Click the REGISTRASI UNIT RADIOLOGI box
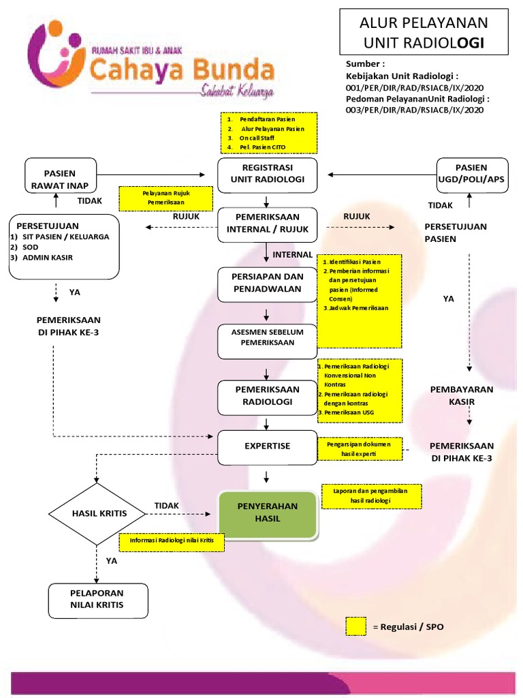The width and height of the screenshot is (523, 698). click(267, 174)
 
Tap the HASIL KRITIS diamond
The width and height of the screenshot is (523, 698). click(99, 514)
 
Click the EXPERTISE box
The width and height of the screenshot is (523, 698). click(267, 446)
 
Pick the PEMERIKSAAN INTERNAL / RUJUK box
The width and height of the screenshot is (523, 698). click(267, 224)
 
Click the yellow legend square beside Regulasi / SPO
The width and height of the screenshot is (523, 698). click(355, 626)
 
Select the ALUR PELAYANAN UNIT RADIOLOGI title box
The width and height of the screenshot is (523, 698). click(424, 33)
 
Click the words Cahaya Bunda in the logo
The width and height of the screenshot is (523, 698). click(183, 69)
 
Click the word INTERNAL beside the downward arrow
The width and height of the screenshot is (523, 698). click(292, 254)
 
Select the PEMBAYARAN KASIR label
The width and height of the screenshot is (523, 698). click(461, 395)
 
